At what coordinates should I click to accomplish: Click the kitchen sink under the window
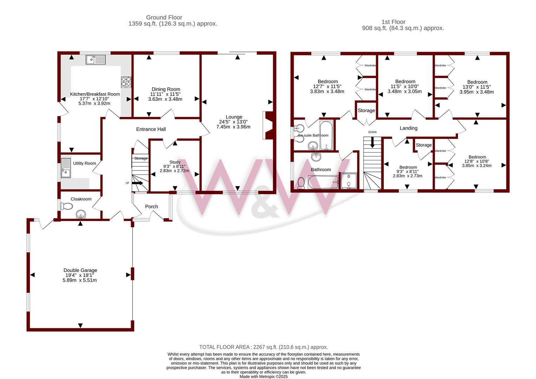pyautogui.click(x=96, y=60)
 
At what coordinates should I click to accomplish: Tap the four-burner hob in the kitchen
pyautogui.click(x=126, y=82)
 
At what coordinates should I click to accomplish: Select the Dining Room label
pyautogui.click(x=166, y=89)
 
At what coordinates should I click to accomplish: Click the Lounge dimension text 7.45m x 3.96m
pyautogui.click(x=233, y=127)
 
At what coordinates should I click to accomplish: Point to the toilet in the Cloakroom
pyautogui.click(x=67, y=206)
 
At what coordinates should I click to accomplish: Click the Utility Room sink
pyautogui.click(x=66, y=168)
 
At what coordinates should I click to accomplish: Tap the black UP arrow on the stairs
pyautogui.click(x=137, y=183)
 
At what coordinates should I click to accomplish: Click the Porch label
pyautogui.click(x=151, y=206)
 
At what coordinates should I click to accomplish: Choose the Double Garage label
pyautogui.click(x=80, y=270)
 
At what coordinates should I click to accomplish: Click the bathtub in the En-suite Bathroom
pyautogui.click(x=326, y=135)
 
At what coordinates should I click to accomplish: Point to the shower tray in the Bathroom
pyautogui.click(x=349, y=181)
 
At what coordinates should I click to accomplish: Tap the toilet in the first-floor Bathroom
pyautogui.click(x=301, y=183)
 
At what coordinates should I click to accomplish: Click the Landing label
pyautogui.click(x=408, y=128)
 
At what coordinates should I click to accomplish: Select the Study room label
pyautogui.click(x=175, y=162)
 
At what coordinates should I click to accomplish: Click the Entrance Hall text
pyautogui.click(x=151, y=129)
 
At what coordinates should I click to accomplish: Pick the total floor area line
pyautogui.click(x=264, y=347)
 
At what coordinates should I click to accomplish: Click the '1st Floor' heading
pyautogui.click(x=393, y=22)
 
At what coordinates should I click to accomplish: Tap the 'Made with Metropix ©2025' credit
pyautogui.click(x=264, y=377)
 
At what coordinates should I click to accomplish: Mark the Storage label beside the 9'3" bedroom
pyautogui.click(x=424, y=145)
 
